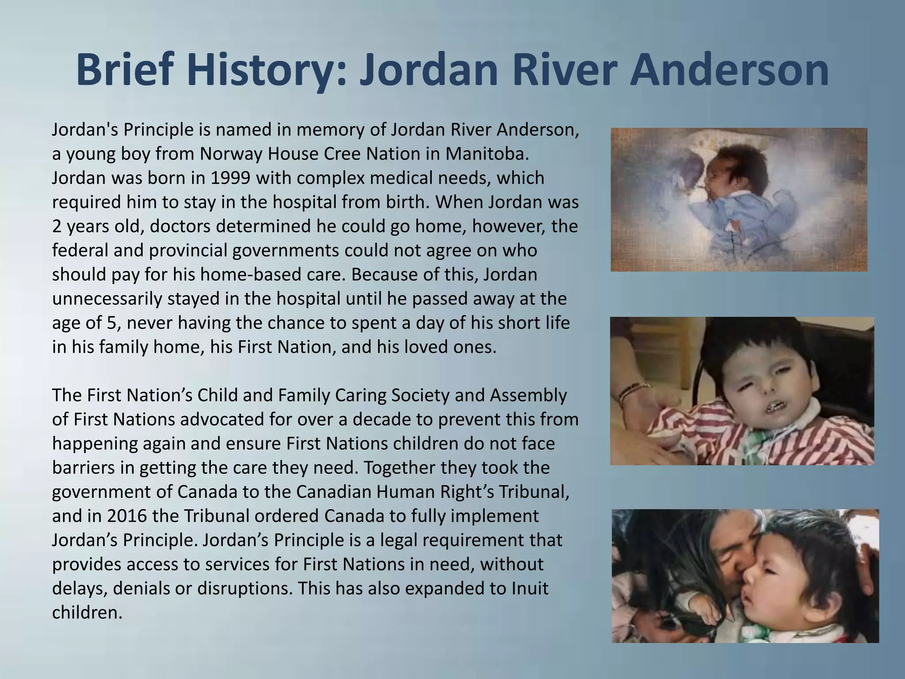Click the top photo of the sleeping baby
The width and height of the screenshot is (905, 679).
[738, 199]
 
